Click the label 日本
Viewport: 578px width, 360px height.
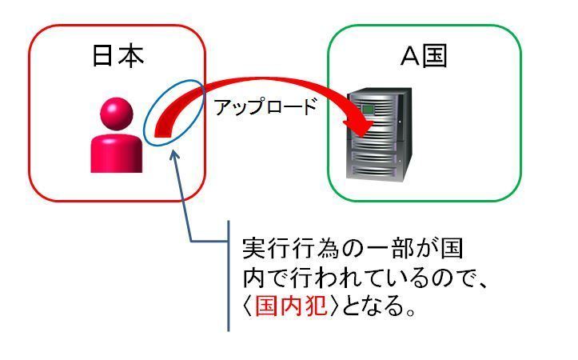point(118,57)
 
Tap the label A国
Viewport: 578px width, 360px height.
point(424,56)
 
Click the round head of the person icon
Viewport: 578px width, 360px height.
point(117,114)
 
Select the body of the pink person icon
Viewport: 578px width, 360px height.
point(117,153)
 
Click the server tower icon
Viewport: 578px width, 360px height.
point(379,134)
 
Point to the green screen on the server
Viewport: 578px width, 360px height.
point(368,110)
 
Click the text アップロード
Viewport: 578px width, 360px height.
point(265,106)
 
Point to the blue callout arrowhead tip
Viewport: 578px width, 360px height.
point(173,150)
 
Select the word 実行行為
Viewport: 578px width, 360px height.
point(291,248)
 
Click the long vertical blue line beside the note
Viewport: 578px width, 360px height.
point(229,276)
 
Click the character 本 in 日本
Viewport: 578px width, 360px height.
point(132,57)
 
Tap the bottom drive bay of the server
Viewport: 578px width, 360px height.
point(374,171)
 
